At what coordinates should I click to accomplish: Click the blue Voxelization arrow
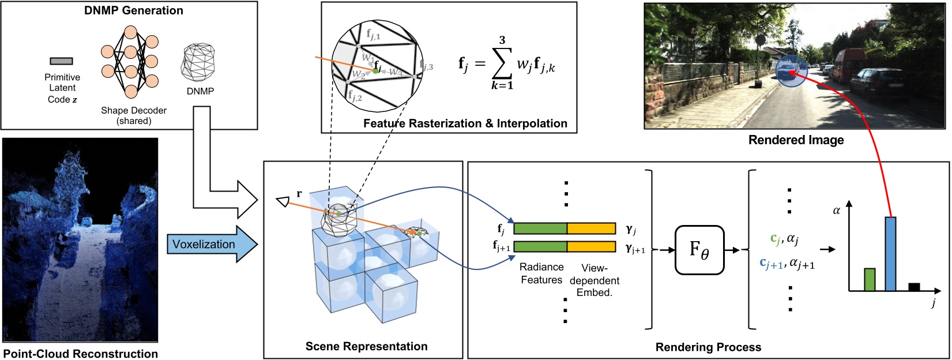(210, 244)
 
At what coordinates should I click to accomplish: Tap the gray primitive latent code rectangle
(61, 61)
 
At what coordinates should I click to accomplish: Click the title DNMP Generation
(134, 10)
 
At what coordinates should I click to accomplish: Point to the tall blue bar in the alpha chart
(890, 254)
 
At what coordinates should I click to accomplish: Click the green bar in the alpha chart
(870, 279)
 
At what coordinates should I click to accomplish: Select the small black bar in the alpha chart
(914, 287)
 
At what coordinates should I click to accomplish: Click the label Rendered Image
(796, 140)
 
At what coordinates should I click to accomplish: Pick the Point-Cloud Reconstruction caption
(80, 354)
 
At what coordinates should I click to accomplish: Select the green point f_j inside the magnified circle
(375, 70)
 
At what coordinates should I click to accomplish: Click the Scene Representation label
(366, 346)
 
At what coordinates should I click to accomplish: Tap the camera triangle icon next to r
(283, 201)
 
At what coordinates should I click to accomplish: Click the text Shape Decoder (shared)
(134, 115)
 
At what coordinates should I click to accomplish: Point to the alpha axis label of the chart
(837, 211)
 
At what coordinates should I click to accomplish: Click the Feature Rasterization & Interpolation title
(465, 123)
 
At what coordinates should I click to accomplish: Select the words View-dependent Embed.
(594, 280)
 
